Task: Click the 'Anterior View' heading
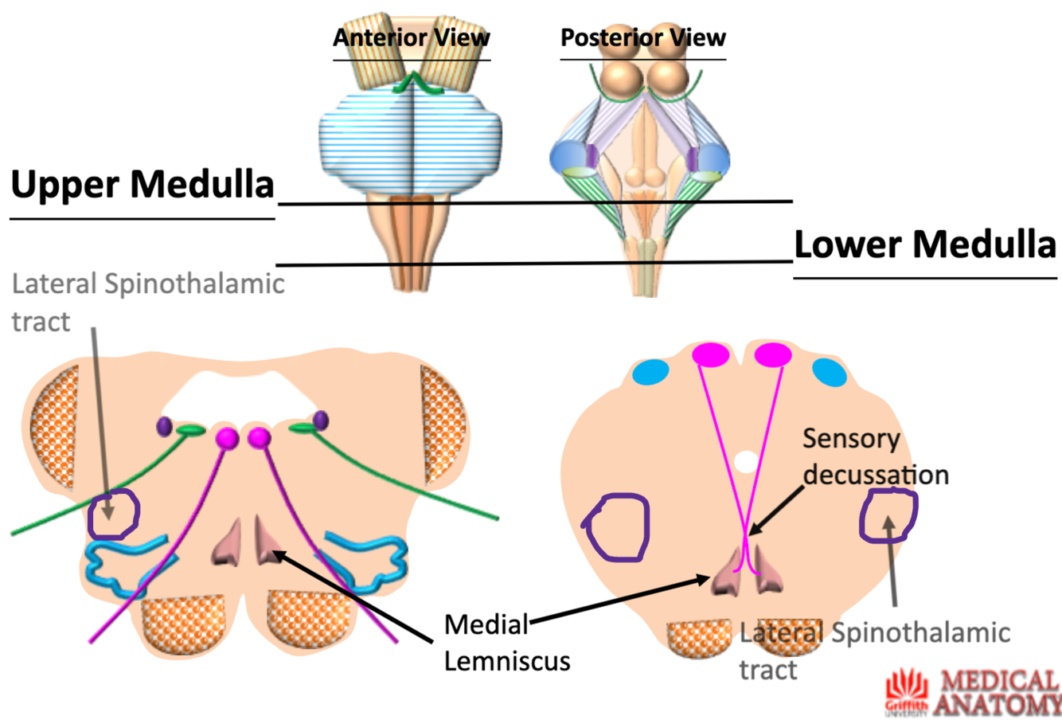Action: (x=411, y=37)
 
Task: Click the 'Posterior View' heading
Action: (x=642, y=37)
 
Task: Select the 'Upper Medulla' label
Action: (x=143, y=185)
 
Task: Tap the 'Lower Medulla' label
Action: (x=925, y=244)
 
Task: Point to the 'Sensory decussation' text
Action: (x=875, y=456)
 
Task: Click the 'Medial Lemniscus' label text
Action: (x=507, y=642)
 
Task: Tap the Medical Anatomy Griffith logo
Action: (x=973, y=692)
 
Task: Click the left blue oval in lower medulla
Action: (x=650, y=371)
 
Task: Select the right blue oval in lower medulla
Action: (x=829, y=372)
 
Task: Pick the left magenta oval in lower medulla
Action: (x=710, y=355)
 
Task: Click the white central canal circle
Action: (x=746, y=461)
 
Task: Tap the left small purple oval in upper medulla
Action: (x=165, y=426)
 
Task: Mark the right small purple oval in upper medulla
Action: (x=321, y=420)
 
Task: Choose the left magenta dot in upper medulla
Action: (x=227, y=437)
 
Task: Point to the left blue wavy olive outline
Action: (x=127, y=562)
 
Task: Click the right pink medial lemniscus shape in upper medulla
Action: (x=266, y=541)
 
